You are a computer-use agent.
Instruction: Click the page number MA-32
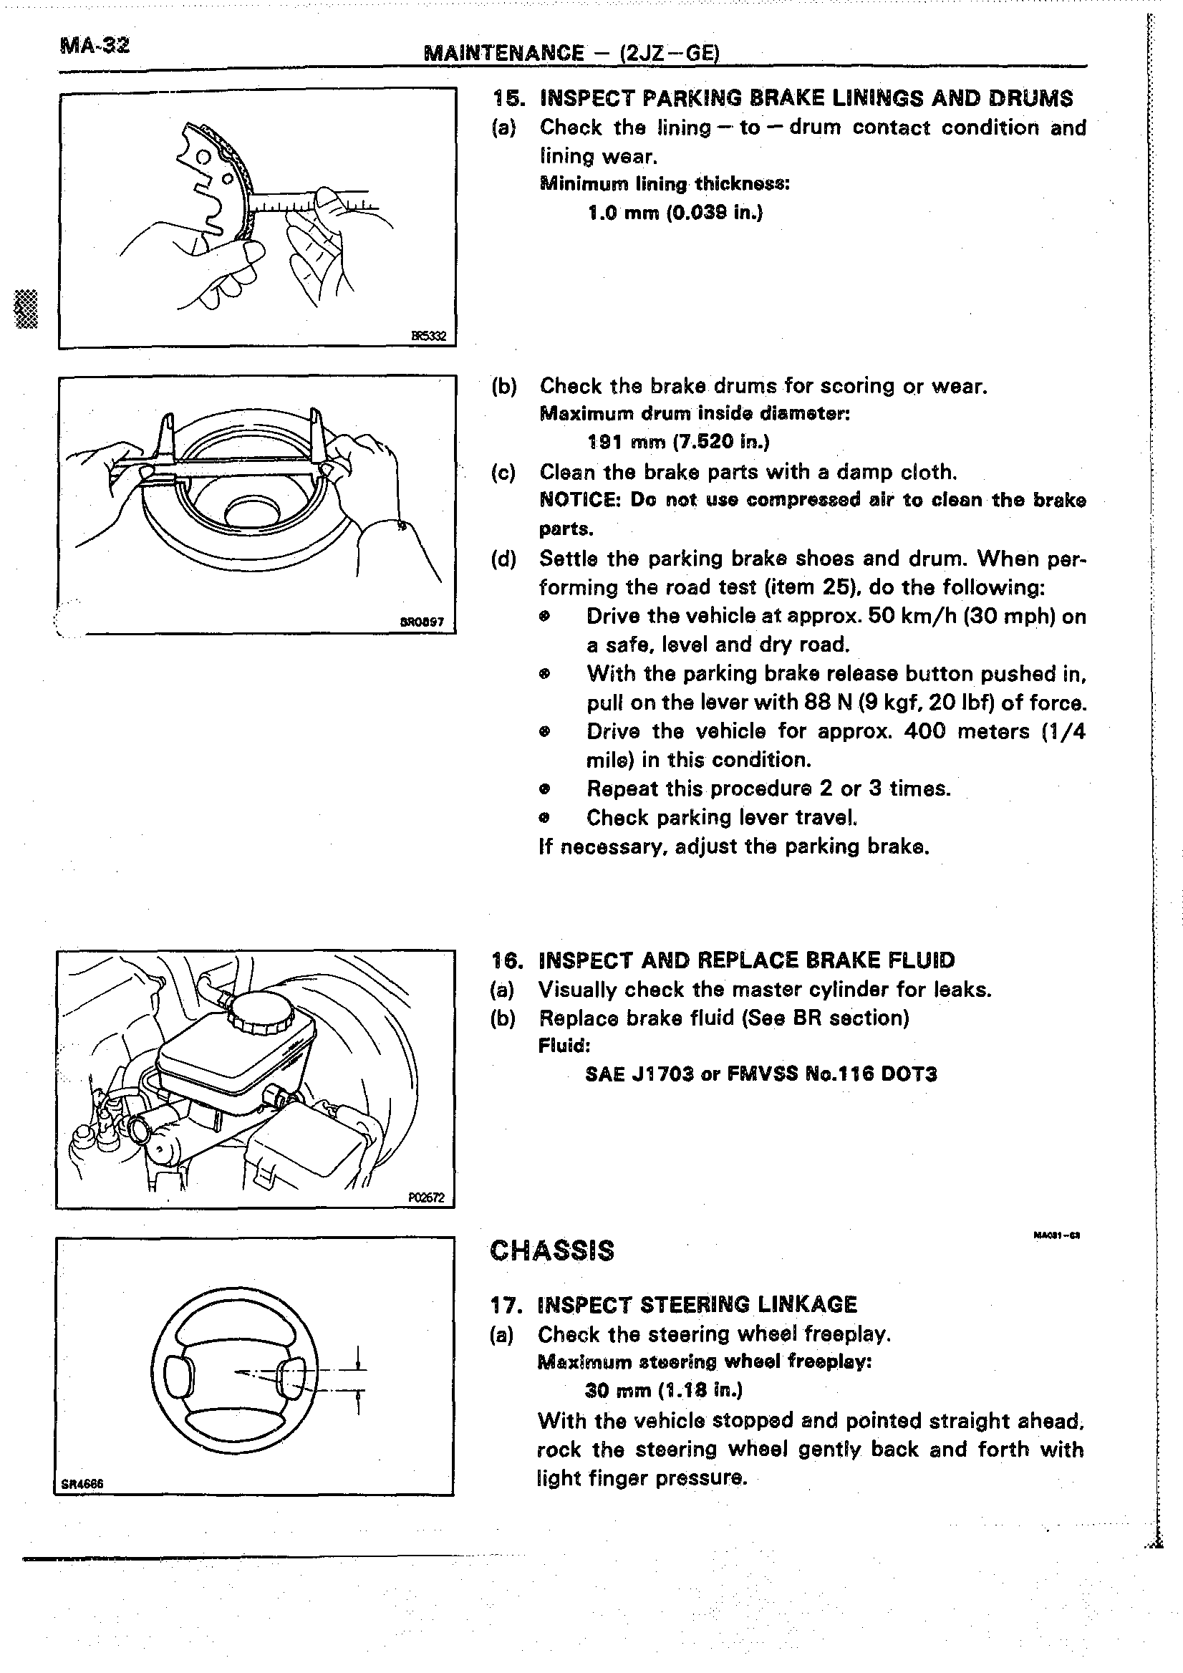(x=95, y=46)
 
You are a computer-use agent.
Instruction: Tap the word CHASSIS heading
(x=552, y=1250)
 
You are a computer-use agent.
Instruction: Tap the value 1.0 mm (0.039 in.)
(x=675, y=213)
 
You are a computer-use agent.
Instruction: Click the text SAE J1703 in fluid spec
(x=639, y=1074)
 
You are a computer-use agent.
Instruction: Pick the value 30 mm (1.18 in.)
(x=664, y=1390)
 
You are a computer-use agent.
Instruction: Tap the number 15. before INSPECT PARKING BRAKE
(x=508, y=98)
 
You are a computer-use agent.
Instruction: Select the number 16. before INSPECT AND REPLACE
(x=508, y=960)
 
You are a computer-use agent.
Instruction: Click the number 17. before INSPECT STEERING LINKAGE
(x=507, y=1304)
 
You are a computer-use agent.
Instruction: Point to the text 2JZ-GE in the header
(x=669, y=53)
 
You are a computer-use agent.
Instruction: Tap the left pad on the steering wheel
(x=180, y=1377)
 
